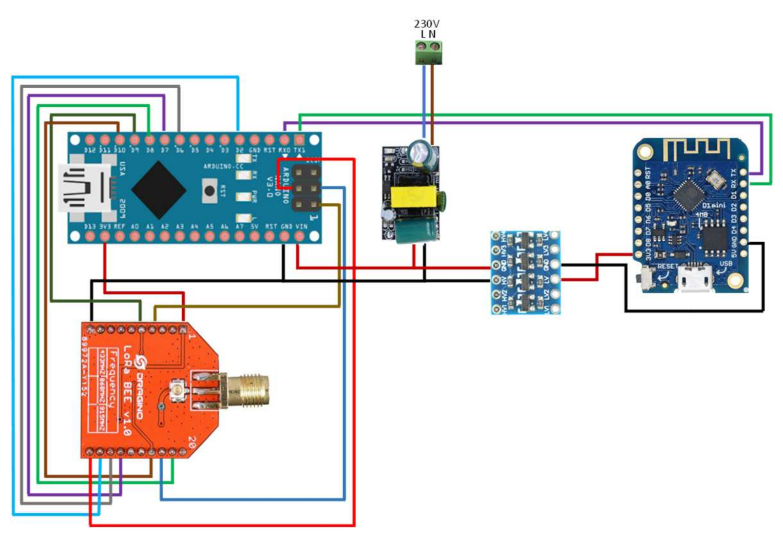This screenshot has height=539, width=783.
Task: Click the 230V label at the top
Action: (426, 23)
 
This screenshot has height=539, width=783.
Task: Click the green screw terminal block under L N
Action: (429, 53)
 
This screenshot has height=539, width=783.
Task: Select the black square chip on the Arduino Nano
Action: (158, 189)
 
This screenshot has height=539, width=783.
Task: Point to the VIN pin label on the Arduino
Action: (302, 227)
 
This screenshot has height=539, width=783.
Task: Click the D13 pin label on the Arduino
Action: (90, 227)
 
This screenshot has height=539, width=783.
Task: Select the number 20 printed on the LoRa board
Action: (192, 443)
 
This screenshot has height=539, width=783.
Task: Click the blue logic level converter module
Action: (525, 273)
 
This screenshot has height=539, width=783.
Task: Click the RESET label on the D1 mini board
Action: (668, 267)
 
